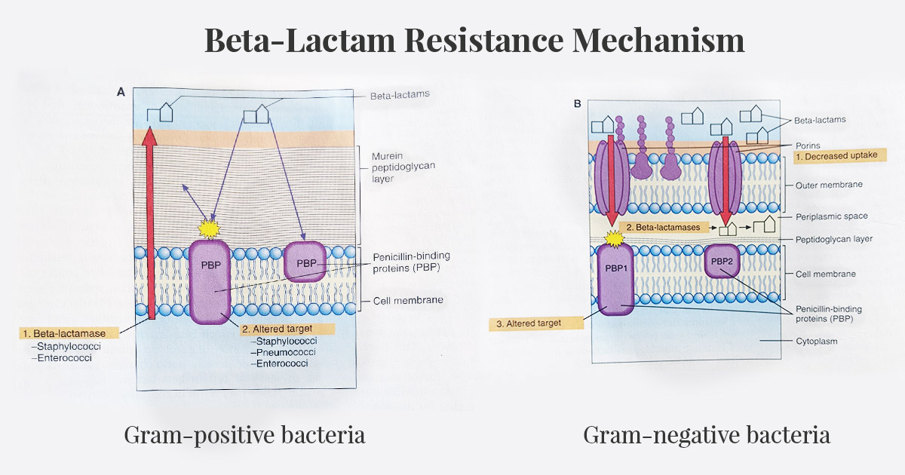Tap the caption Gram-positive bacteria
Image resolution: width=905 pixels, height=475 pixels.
point(244,435)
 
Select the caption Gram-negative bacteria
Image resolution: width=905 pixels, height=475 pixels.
point(707,435)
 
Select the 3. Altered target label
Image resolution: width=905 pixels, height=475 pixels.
point(536,323)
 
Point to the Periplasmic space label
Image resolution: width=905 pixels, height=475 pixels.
point(831,216)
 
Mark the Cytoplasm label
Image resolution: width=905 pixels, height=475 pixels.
point(816,341)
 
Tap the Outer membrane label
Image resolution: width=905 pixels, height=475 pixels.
point(829,184)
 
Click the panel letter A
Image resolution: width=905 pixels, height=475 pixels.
point(121,92)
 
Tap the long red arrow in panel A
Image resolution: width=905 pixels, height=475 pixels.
point(151,226)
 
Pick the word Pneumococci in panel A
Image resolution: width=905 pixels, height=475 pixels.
point(286,352)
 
